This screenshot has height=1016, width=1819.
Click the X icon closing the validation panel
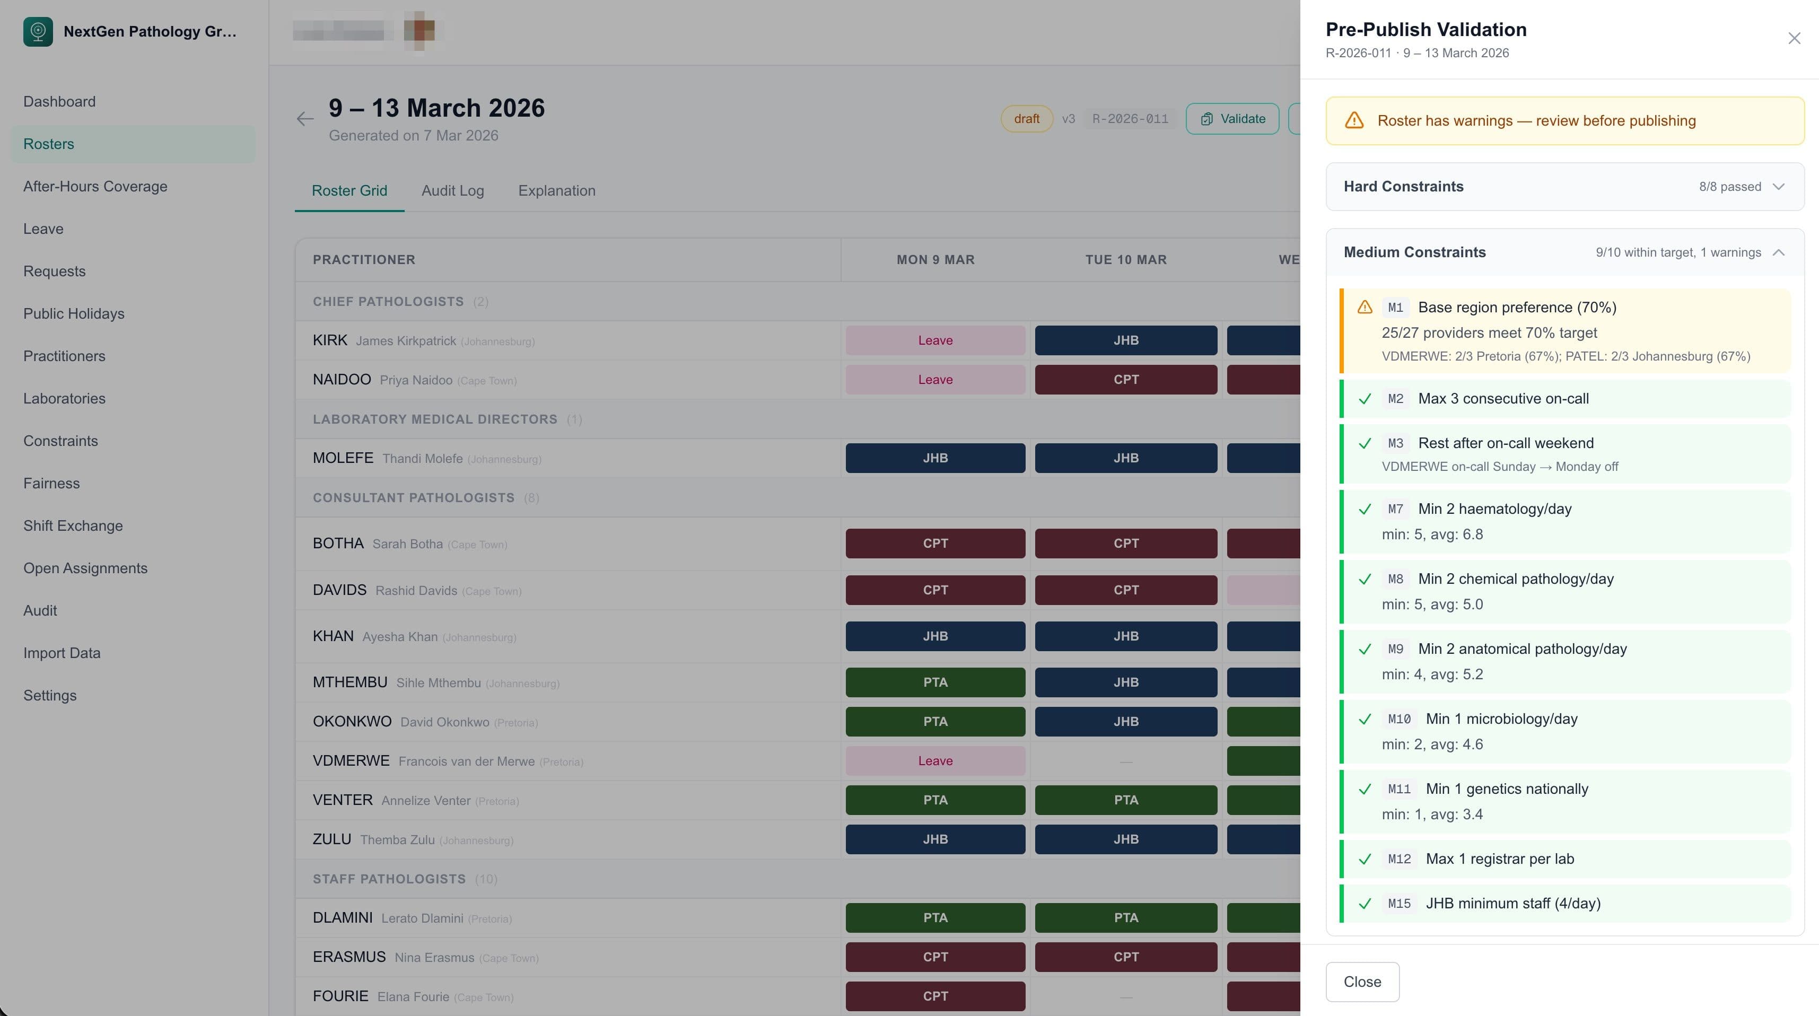[x=1794, y=38]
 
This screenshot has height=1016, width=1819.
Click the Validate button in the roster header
[x=1232, y=119]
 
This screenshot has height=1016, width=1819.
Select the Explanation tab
[x=556, y=190]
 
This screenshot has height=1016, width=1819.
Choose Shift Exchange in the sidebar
[x=73, y=526]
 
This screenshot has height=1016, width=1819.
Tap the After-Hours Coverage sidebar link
[x=95, y=187]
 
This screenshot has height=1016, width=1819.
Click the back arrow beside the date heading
[x=305, y=119]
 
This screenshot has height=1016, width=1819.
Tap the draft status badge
[x=1026, y=119]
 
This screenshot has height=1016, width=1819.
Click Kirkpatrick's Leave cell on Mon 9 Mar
[x=935, y=340]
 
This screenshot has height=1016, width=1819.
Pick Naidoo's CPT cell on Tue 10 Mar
[x=1125, y=380]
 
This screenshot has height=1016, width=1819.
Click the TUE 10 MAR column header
[x=1125, y=260]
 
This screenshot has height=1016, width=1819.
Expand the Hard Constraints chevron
[x=1778, y=187]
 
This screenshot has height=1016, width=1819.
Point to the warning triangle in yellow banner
[x=1354, y=121]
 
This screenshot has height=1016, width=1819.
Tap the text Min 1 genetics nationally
[x=1506, y=789]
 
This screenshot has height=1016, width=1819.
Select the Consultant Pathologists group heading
[x=413, y=498]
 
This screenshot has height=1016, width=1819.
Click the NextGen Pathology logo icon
[x=38, y=31]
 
